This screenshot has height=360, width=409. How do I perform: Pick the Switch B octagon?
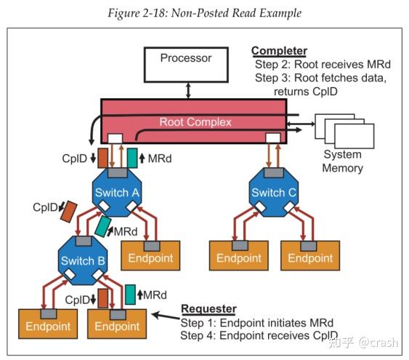click(82, 260)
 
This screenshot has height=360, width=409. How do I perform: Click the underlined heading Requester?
click(208, 308)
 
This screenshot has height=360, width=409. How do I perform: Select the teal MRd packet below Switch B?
click(130, 294)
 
